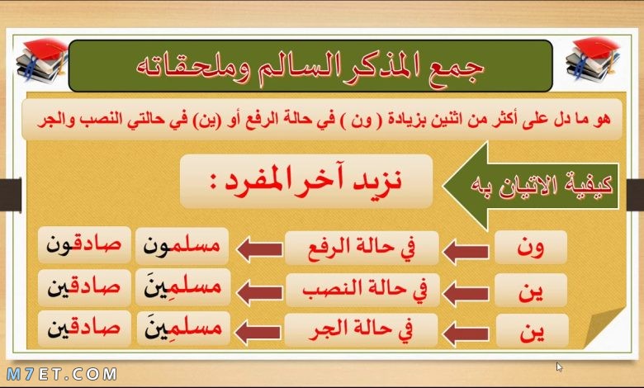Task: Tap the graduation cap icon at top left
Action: [42, 60]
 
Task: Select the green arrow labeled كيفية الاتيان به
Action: [531, 186]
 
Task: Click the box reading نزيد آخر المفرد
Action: [306, 181]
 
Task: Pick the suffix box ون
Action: [531, 247]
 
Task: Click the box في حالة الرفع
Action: [362, 248]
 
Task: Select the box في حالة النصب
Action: [362, 290]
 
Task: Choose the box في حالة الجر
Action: [361, 330]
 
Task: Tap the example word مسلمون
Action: [182, 246]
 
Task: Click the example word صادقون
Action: [84, 245]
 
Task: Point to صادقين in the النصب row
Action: [84, 288]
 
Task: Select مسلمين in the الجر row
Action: [183, 329]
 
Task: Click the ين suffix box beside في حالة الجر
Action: [533, 331]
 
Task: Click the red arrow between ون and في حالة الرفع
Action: [466, 251]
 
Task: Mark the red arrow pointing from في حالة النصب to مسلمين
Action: [259, 293]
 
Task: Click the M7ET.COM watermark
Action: [62, 374]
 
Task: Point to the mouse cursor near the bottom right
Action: [559, 367]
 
